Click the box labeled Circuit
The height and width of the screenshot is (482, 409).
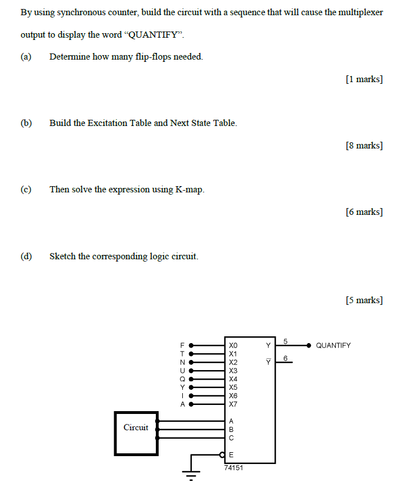pyautogui.click(x=136, y=433)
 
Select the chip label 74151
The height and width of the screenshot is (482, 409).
pyautogui.click(x=233, y=467)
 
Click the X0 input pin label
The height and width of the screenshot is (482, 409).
pyautogui.click(x=233, y=345)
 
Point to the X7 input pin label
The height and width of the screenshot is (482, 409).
pyautogui.click(x=233, y=404)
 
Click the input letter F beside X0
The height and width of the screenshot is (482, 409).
pyautogui.click(x=182, y=345)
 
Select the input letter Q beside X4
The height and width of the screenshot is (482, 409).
pyautogui.click(x=182, y=379)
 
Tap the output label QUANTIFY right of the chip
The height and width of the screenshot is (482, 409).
pyautogui.click(x=333, y=345)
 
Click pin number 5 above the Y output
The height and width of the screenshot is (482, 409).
pyautogui.click(x=286, y=341)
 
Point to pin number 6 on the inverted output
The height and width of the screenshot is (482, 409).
pyautogui.click(x=286, y=358)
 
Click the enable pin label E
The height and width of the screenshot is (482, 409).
pyautogui.click(x=232, y=454)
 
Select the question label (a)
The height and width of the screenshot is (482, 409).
pyautogui.click(x=26, y=56)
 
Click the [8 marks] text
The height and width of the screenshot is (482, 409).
pyautogui.click(x=364, y=146)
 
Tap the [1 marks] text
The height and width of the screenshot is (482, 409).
pyautogui.click(x=364, y=79)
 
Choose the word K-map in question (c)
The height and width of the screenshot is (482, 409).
pyautogui.click(x=189, y=190)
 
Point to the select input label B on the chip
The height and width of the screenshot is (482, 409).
pyautogui.click(x=231, y=429)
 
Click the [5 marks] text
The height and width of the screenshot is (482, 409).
pyautogui.click(x=364, y=300)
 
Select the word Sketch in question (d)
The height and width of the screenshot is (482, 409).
pyautogui.click(x=62, y=256)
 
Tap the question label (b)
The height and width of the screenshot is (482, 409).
pyautogui.click(x=26, y=123)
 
